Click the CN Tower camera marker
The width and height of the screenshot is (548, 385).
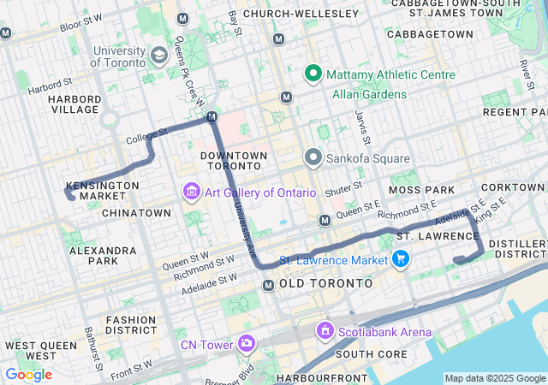click(x=247, y=344)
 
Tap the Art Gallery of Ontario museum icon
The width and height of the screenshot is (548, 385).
click(x=190, y=192)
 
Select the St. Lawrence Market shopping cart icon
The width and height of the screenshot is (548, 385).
click(x=399, y=258)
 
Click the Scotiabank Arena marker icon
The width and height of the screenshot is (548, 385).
click(x=325, y=330)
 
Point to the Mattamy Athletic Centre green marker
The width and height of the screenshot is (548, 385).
click(x=313, y=74)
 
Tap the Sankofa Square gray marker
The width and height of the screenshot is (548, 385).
click(x=313, y=158)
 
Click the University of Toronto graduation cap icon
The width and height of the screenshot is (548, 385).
click(x=158, y=56)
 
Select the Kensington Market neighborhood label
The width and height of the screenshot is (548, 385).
click(x=103, y=191)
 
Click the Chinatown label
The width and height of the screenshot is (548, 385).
click(x=136, y=212)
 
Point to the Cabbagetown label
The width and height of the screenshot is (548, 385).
click(x=430, y=33)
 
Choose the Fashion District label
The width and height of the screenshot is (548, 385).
click(x=131, y=325)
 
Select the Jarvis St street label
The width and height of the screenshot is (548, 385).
click(x=363, y=129)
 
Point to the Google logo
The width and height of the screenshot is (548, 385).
click(x=28, y=375)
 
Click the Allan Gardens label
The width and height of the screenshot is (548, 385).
click(x=370, y=93)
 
